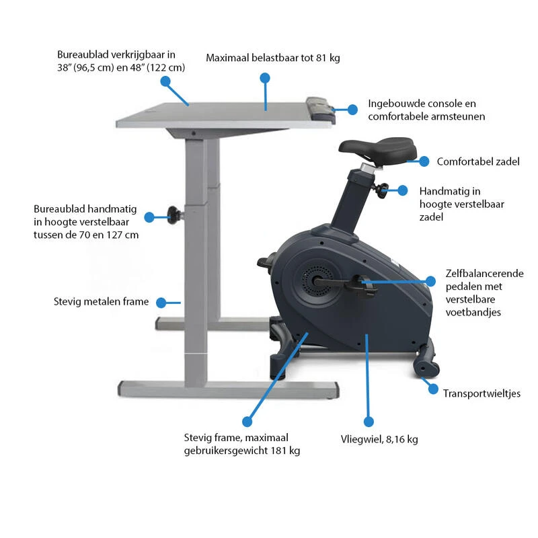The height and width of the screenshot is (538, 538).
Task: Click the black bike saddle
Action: [377, 149]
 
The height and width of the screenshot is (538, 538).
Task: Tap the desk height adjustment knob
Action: [174, 215]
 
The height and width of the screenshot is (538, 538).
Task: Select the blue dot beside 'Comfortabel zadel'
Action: [424, 161]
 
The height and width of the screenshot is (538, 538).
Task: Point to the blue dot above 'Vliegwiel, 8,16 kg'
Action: [369, 422]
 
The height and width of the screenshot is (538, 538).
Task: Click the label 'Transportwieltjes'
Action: [482, 393]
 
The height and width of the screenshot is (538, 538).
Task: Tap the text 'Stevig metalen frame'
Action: [102, 301]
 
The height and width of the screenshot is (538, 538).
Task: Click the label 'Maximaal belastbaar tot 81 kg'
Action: [273, 58]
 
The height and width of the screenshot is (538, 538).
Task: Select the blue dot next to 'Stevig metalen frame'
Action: [161, 303]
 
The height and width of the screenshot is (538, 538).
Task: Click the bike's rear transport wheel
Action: [426, 366]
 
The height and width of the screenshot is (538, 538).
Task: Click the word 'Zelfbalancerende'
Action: [484, 274]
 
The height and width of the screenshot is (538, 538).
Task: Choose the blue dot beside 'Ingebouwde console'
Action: [352, 110]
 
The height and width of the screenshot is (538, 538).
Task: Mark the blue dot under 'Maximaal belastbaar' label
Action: [265, 78]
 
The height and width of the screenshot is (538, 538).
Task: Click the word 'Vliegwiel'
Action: [361, 439]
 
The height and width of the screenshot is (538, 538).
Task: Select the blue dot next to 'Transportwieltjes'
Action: [433, 389]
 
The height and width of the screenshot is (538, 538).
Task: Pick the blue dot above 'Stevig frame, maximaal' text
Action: [247, 422]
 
